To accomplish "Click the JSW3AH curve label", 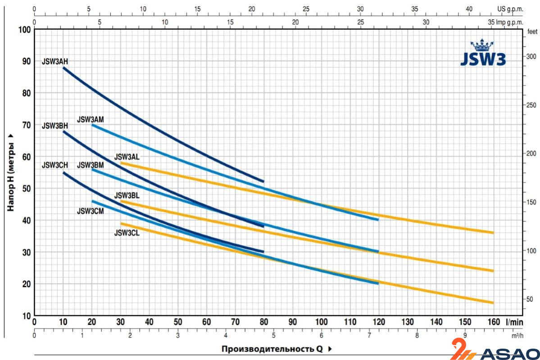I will click(x=55, y=62).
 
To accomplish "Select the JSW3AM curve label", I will click(x=90, y=119).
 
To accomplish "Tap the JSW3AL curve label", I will click(x=127, y=157).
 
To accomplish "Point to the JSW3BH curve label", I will click(x=55, y=126).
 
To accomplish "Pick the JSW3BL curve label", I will click(x=127, y=195).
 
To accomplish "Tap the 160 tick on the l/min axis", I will click(x=494, y=321).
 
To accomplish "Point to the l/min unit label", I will click(x=514, y=321).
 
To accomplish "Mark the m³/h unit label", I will click(x=517, y=335).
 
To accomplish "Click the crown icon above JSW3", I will click(x=482, y=45).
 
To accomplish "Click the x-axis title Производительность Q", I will click(x=272, y=349).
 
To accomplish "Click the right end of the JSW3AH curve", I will click(x=263, y=181).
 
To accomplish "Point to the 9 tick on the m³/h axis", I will click(x=465, y=335).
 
